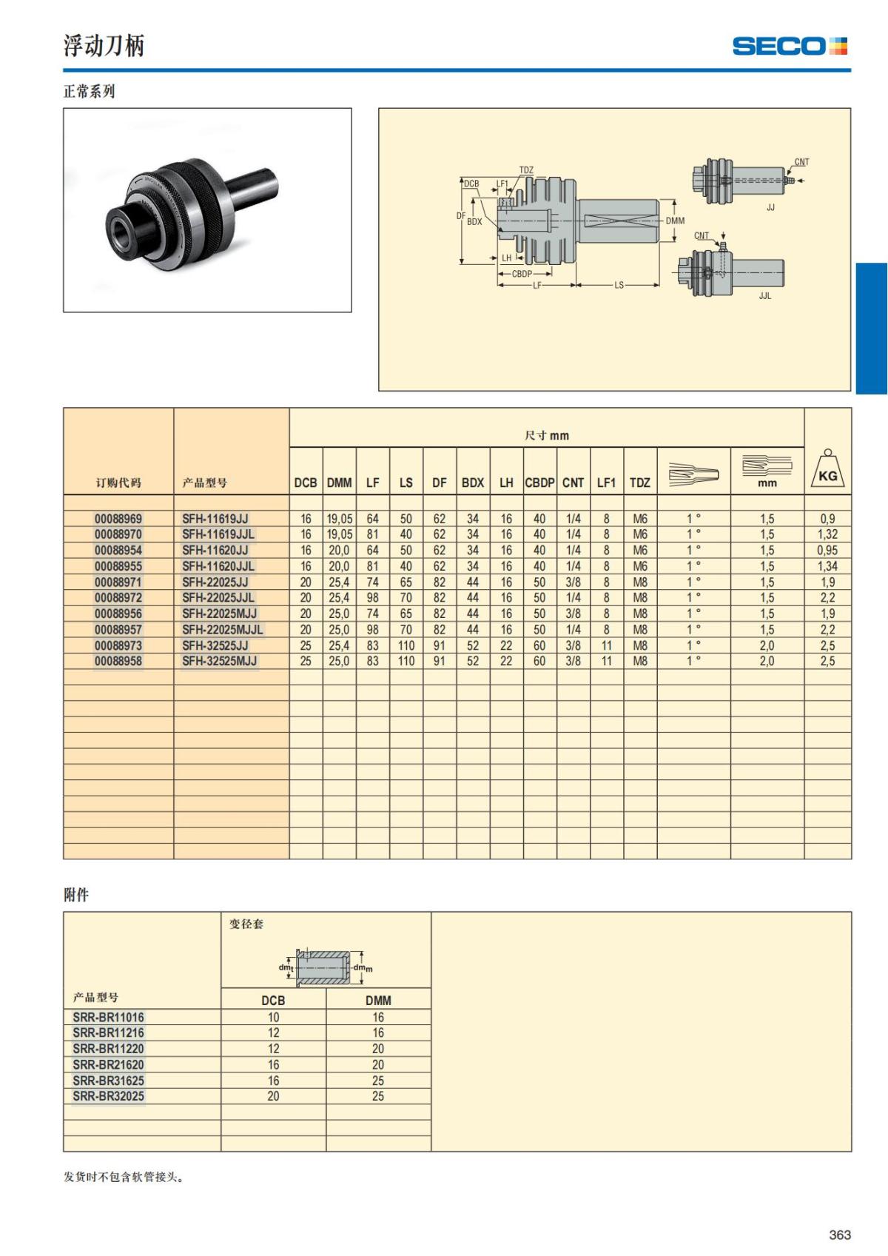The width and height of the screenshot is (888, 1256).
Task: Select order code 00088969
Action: [118, 519]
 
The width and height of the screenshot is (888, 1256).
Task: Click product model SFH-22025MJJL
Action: [223, 630]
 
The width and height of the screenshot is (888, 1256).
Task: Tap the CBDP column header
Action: [539, 483]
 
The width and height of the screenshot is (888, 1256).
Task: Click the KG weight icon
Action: [827, 469]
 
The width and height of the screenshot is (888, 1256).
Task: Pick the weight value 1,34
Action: [827, 566]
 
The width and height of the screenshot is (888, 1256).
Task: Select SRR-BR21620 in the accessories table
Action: [109, 1064]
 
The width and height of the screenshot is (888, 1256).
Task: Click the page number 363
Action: [840, 1235]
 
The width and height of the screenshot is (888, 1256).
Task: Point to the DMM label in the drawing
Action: [675, 221]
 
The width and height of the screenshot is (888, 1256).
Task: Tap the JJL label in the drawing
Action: [764, 296]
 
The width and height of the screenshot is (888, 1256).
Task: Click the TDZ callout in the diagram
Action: [526, 170]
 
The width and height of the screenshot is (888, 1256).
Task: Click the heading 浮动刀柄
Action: [104, 46]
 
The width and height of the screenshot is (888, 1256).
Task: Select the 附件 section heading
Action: [76, 895]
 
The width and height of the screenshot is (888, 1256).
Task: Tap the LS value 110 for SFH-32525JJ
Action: [406, 645]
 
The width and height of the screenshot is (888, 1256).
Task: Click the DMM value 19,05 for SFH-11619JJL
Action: [340, 534]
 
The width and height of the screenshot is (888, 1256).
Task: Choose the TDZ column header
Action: [639, 483]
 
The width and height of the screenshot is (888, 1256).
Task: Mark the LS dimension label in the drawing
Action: [619, 286]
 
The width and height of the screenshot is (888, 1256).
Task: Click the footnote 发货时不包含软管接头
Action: [123, 1178]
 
